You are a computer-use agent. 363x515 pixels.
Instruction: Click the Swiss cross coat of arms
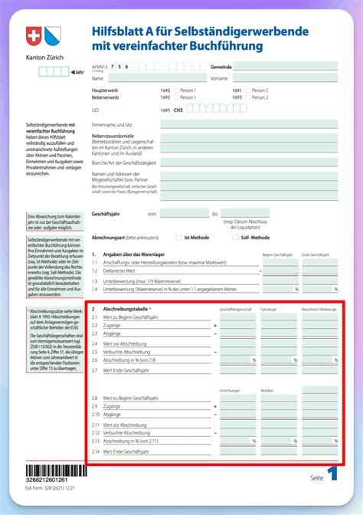click(x=33, y=38)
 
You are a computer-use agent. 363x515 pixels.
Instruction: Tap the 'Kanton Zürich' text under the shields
click(x=43, y=57)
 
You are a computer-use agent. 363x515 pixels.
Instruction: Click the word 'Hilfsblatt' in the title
click(x=114, y=32)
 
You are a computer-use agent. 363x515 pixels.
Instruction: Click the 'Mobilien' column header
click(x=267, y=390)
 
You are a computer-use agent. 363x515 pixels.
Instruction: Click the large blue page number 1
click(x=332, y=475)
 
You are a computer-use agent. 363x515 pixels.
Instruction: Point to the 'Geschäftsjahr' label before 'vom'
click(x=105, y=214)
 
